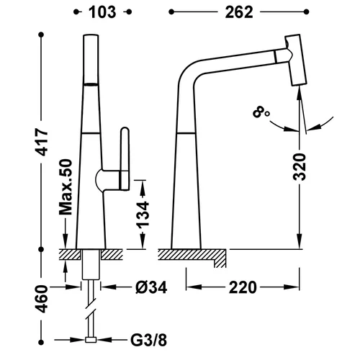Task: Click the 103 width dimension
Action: [x=102, y=12]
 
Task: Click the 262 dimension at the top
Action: [x=239, y=12]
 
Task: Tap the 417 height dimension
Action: [x=42, y=142]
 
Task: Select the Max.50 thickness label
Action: [x=66, y=186]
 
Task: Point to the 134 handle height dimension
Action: [x=143, y=215]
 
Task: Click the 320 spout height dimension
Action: [x=300, y=167]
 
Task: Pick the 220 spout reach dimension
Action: [x=243, y=287]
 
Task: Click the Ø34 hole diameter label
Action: [x=151, y=287]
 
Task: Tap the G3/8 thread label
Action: [x=148, y=340]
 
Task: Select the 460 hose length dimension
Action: [x=42, y=299]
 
